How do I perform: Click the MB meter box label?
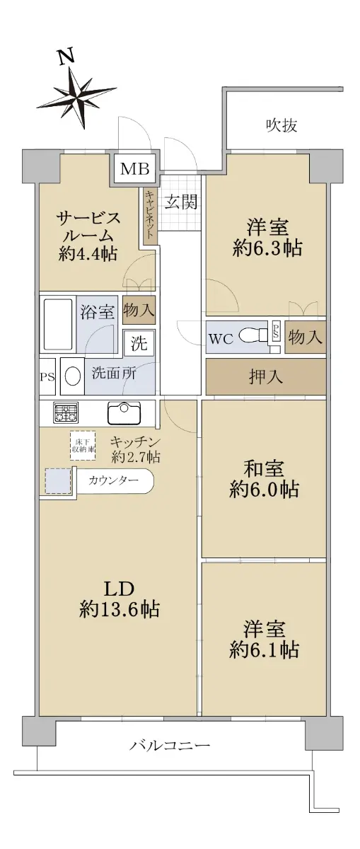click(x=134, y=169)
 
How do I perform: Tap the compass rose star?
click(x=77, y=98)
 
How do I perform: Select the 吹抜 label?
click(x=281, y=125)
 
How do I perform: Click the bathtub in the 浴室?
click(x=58, y=325)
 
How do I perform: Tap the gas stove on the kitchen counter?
click(x=65, y=412)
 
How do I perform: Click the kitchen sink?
click(x=124, y=412)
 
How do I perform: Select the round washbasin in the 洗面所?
click(x=72, y=376)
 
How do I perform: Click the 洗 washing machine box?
click(x=139, y=343)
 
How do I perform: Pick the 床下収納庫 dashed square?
click(x=83, y=446)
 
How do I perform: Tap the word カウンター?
click(x=113, y=480)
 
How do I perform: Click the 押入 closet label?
click(x=266, y=376)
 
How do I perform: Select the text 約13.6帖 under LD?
click(x=120, y=609)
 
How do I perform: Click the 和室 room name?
click(x=263, y=470)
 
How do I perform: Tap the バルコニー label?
click(x=170, y=746)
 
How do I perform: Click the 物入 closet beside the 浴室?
click(x=139, y=310)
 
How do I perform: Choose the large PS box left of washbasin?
click(x=47, y=376)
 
